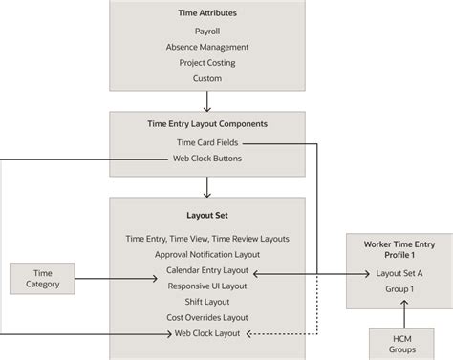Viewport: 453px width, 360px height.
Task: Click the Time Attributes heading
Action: [207, 13]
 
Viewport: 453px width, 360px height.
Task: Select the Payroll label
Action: [207, 31]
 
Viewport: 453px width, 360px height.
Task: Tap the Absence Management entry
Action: [207, 47]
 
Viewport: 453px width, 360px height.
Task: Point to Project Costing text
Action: [207, 63]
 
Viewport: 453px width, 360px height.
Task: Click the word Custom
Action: [207, 79]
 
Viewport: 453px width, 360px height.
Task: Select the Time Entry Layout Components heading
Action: [207, 124]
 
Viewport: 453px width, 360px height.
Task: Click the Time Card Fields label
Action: [207, 142]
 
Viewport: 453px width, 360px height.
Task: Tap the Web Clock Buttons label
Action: [207, 158]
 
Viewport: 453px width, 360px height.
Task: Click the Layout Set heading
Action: [207, 215]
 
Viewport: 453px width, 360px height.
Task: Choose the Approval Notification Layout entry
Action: [207, 255]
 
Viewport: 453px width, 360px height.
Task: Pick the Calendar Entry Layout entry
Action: [207, 271]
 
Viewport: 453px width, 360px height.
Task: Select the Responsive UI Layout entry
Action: [207, 286]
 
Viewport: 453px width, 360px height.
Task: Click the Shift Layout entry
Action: [207, 302]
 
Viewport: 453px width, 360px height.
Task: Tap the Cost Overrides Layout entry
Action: [207, 318]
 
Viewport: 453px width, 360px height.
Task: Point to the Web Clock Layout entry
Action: [207, 334]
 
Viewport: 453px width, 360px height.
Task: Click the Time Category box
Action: [42, 278]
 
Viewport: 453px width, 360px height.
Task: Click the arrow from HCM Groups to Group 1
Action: [404, 311]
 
